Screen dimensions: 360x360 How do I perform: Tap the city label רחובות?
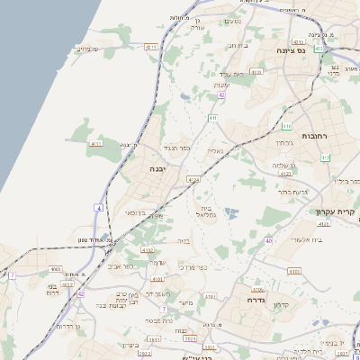click(x=314, y=136)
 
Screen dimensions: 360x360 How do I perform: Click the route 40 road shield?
click(x=268, y=240)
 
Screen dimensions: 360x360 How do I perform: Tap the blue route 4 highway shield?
click(x=98, y=207)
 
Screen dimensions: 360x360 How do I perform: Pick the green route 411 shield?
click(x=286, y=125)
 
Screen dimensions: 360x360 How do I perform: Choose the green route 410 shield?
click(x=325, y=157)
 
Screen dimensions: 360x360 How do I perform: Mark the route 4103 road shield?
click(x=293, y=270)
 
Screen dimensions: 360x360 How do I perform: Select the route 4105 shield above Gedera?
click(x=256, y=290)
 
